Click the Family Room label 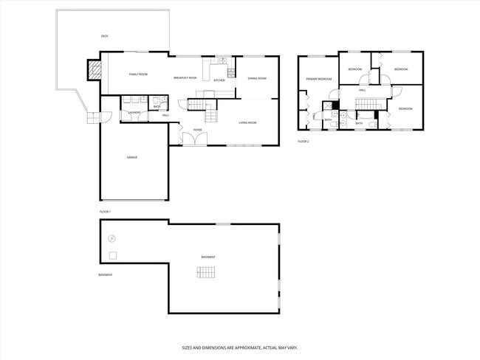coord(138,75)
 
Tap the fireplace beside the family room coord(94,70)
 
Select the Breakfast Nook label coord(185,77)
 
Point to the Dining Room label coord(256,78)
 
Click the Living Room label coord(247,122)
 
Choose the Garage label coord(131,157)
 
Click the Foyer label coord(197,130)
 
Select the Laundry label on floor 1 coord(134,113)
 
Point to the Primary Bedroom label coord(319,78)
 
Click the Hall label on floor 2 coord(363,90)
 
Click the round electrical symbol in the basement coord(112,238)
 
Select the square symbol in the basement coord(112,255)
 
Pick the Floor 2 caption coord(304,141)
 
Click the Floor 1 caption coord(105,212)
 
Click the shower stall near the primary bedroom coord(327,105)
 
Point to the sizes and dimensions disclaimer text coord(239,347)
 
